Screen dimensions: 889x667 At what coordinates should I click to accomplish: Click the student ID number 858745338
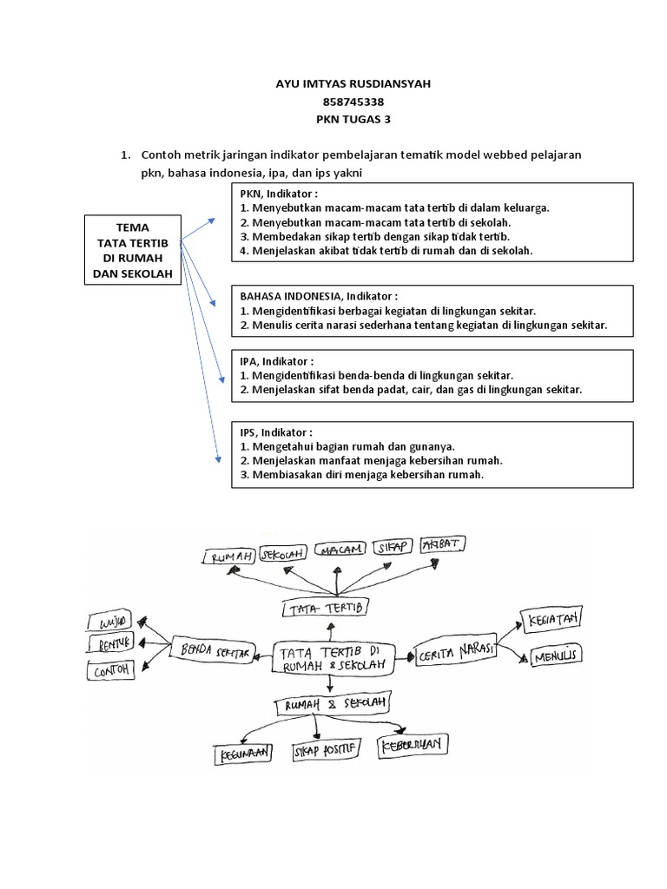tap(333, 102)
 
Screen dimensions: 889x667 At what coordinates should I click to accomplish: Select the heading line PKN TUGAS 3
tap(333, 120)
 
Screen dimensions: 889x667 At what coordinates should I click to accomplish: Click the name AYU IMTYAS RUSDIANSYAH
tap(333, 83)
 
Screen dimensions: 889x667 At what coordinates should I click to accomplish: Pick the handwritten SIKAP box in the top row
tap(393, 548)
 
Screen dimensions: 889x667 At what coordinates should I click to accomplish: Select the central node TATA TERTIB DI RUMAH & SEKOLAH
tap(333, 657)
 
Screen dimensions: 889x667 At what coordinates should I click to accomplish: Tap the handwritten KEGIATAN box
tap(551, 620)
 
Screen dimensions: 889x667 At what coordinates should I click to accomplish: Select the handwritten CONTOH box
tap(111, 669)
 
